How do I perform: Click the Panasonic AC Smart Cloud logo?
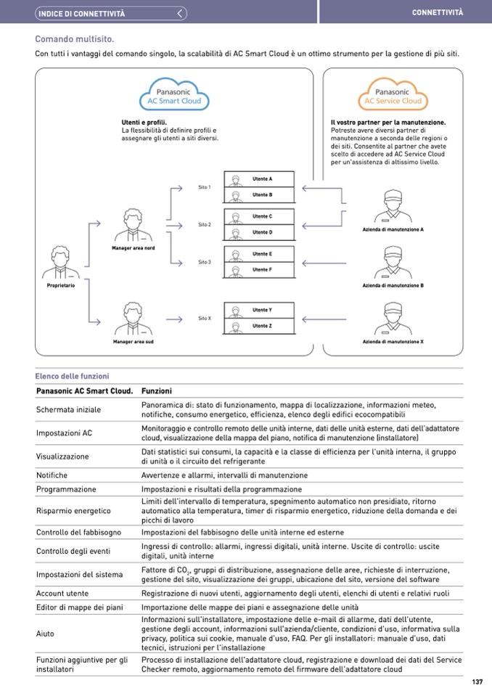(174, 96)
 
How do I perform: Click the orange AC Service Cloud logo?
(392, 96)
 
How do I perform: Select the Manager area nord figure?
(133, 226)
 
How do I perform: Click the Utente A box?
(259, 179)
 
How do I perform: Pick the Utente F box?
(259, 270)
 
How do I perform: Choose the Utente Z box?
(259, 327)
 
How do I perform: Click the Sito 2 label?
(204, 225)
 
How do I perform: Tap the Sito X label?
(204, 319)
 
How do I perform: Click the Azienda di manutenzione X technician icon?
(393, 319)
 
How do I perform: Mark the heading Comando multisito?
(75, 39)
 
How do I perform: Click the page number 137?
(477, 681)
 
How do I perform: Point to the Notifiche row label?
(52, 475)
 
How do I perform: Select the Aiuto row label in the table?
(45, 634)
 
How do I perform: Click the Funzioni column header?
(156, 391)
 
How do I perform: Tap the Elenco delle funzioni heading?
(72, 376)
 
